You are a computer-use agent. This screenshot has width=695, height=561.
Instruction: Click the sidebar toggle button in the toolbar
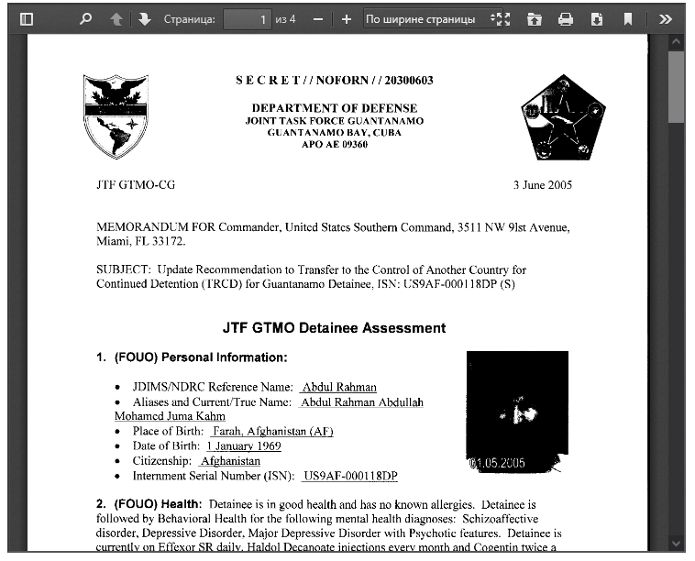(x=26, y=18)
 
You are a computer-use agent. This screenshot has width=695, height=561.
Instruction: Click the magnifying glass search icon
(x=85, y=18)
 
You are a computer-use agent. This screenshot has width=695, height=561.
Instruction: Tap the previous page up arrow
(x=116, y=18)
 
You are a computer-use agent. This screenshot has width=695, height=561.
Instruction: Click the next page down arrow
(x=145, y=18)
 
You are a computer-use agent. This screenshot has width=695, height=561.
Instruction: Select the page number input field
(x=248, y=18)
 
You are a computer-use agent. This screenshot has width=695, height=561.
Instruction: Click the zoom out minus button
(x=317, y=18)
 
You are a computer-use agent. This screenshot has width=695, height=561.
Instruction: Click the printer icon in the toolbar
(x=566, y=18)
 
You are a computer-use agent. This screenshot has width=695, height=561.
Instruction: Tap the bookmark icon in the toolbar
(x=628, y=18)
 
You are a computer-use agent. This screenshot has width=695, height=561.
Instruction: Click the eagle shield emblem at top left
(x=116, y=115)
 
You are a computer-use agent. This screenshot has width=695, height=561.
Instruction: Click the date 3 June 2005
(x=542, y=184)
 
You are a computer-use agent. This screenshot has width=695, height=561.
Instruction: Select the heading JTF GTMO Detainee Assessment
(x=334, y=327)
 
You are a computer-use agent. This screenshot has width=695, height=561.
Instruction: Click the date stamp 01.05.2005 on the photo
(x=498, y=463)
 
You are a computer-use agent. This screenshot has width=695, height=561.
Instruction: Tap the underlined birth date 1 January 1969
(x=244, y=446)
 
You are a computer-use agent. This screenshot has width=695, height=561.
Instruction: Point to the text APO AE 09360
(x=334, y=144)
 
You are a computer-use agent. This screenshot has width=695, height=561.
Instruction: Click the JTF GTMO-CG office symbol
(x=135, y=184)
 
